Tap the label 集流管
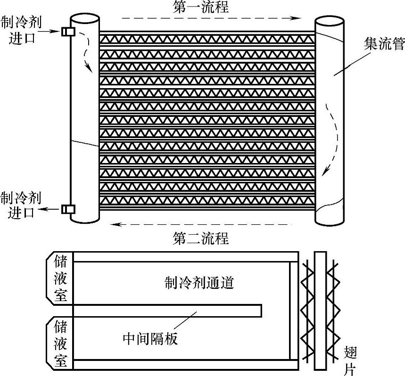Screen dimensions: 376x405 [x=378, y=45]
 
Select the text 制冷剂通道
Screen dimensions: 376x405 [x=199, y=283]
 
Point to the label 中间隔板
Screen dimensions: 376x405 [x=150, y=338]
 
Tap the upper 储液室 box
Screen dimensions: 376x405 [x=61, y=278]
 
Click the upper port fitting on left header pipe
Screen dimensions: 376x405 [x=67, y=32]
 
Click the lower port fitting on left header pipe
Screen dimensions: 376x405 [x=67, y=208]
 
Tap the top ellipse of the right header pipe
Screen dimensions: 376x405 [x=329, y=22]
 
